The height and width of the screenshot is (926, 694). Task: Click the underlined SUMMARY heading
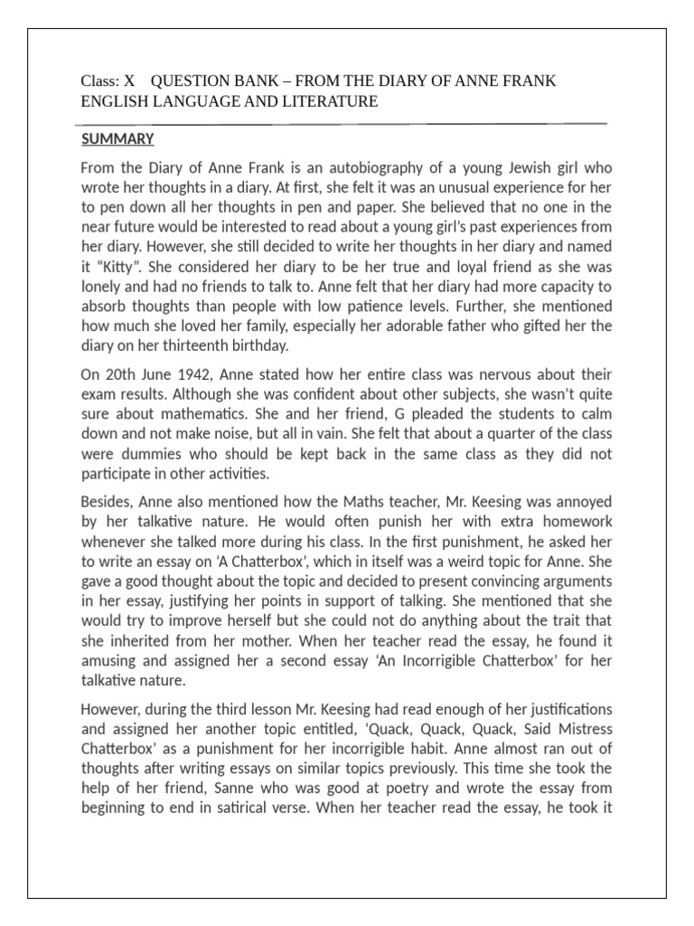click(117, 139)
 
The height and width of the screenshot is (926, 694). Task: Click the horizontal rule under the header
click(342, 122)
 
